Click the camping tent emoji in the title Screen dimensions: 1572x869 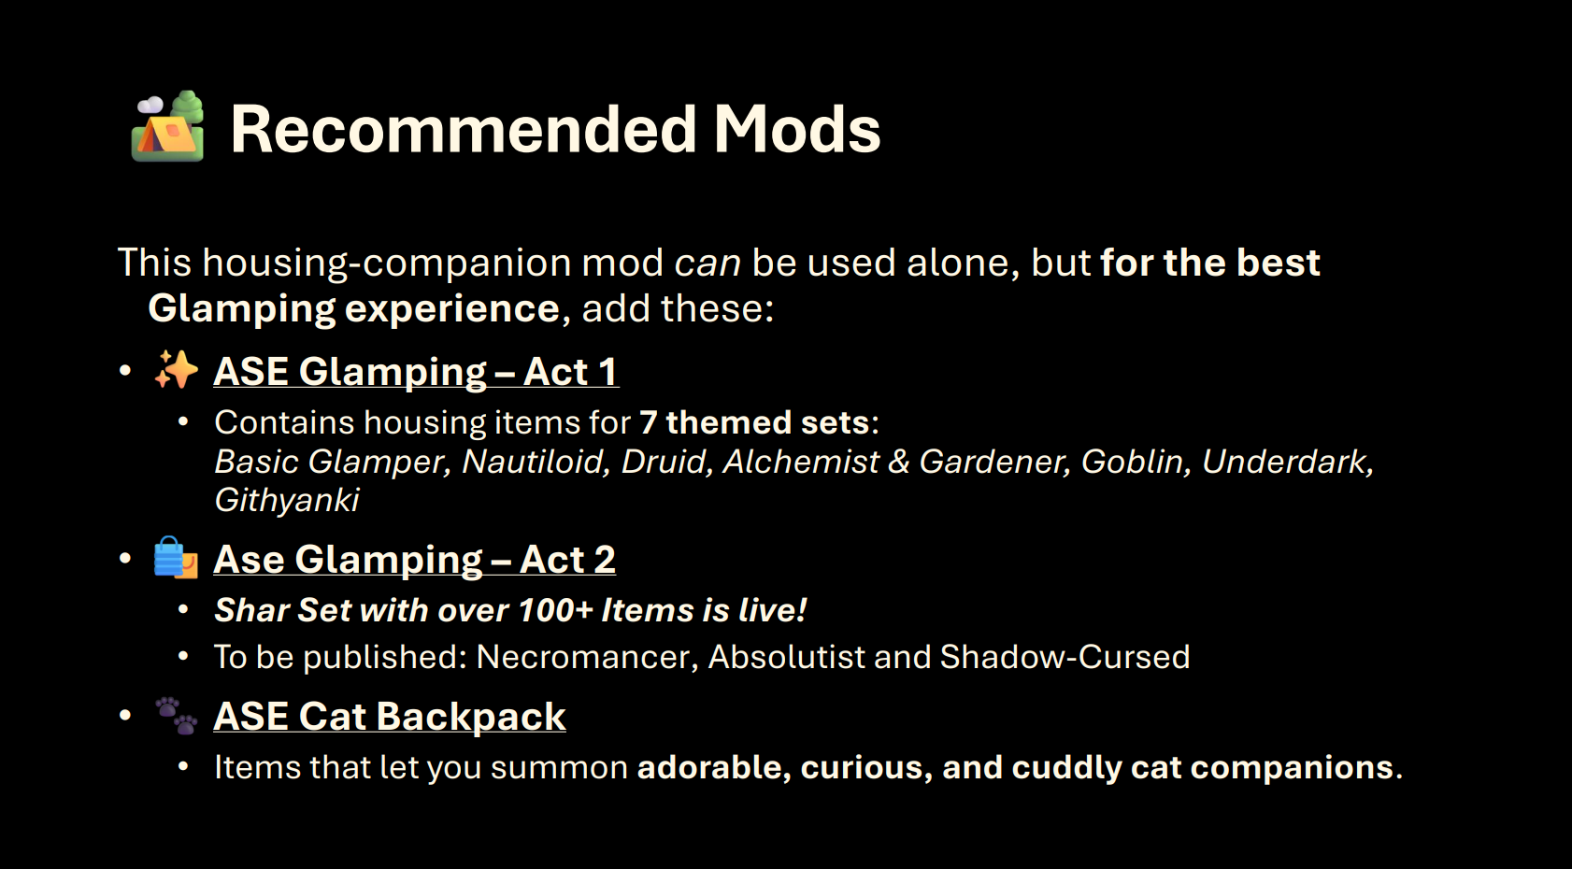point(167,126)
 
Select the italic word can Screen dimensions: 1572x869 point(707,264)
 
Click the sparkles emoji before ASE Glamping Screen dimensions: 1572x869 point(176,369)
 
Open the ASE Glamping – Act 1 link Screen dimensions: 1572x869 point(416,371)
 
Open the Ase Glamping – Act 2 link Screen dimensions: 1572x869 point(415,560)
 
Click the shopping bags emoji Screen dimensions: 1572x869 point(176,558)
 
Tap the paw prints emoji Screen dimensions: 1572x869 point(176,716)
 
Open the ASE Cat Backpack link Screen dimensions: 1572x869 point(390,717)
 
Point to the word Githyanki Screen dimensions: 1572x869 point(286,501)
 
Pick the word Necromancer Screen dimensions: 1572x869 point(587,658)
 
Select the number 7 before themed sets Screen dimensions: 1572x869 point(648,423)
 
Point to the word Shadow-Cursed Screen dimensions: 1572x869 point(1065,657)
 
